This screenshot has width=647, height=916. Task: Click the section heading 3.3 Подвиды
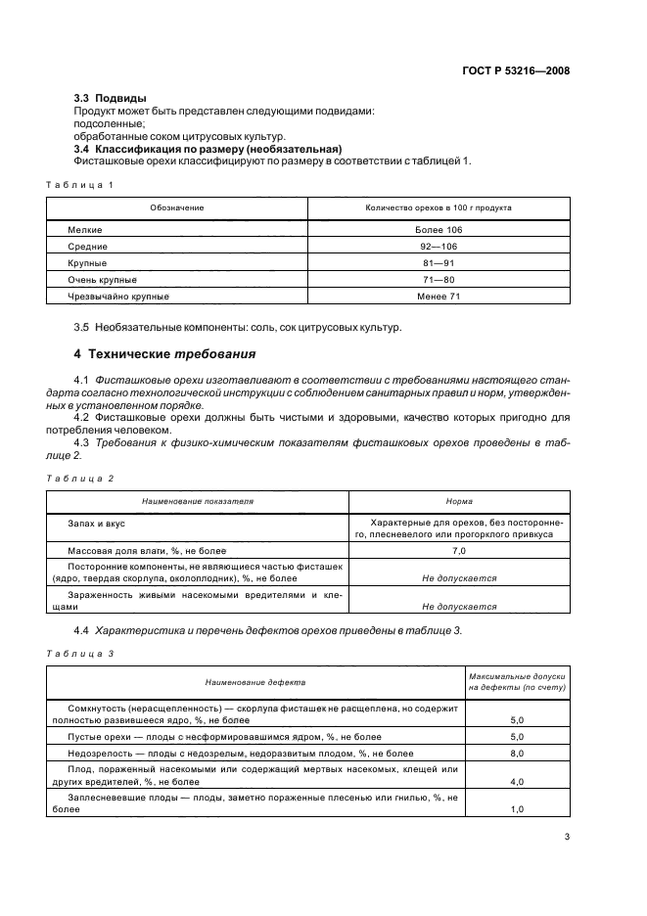coord(111,99)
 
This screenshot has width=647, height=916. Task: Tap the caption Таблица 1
coord(80,185)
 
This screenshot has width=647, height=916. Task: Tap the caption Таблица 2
coord(80,478)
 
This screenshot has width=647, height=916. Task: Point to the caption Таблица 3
coord(80,653)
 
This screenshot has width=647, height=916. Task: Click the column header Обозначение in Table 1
coord(176,208)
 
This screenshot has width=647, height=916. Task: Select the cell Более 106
coord(439,229)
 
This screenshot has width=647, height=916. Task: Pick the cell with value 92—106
coord(439,247)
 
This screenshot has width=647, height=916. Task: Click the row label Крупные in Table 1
coord(87,263)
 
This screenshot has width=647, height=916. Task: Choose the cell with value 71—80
coord(439,280)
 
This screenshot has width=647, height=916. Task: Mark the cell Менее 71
coord(439,297)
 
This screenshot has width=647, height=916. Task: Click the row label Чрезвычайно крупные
coord(118,297)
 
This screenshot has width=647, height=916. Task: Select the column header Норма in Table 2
coord(459,500)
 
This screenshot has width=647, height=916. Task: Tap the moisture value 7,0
coord(459,552)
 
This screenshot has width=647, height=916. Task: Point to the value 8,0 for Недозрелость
coord(517,754)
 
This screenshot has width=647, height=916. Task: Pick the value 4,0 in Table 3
coord(517,783)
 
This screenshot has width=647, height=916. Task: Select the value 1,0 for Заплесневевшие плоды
coord(517,810)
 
